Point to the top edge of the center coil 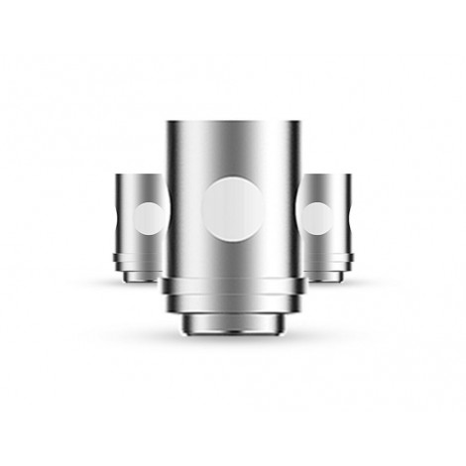(233, 123)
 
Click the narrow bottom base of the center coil (233, 322)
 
